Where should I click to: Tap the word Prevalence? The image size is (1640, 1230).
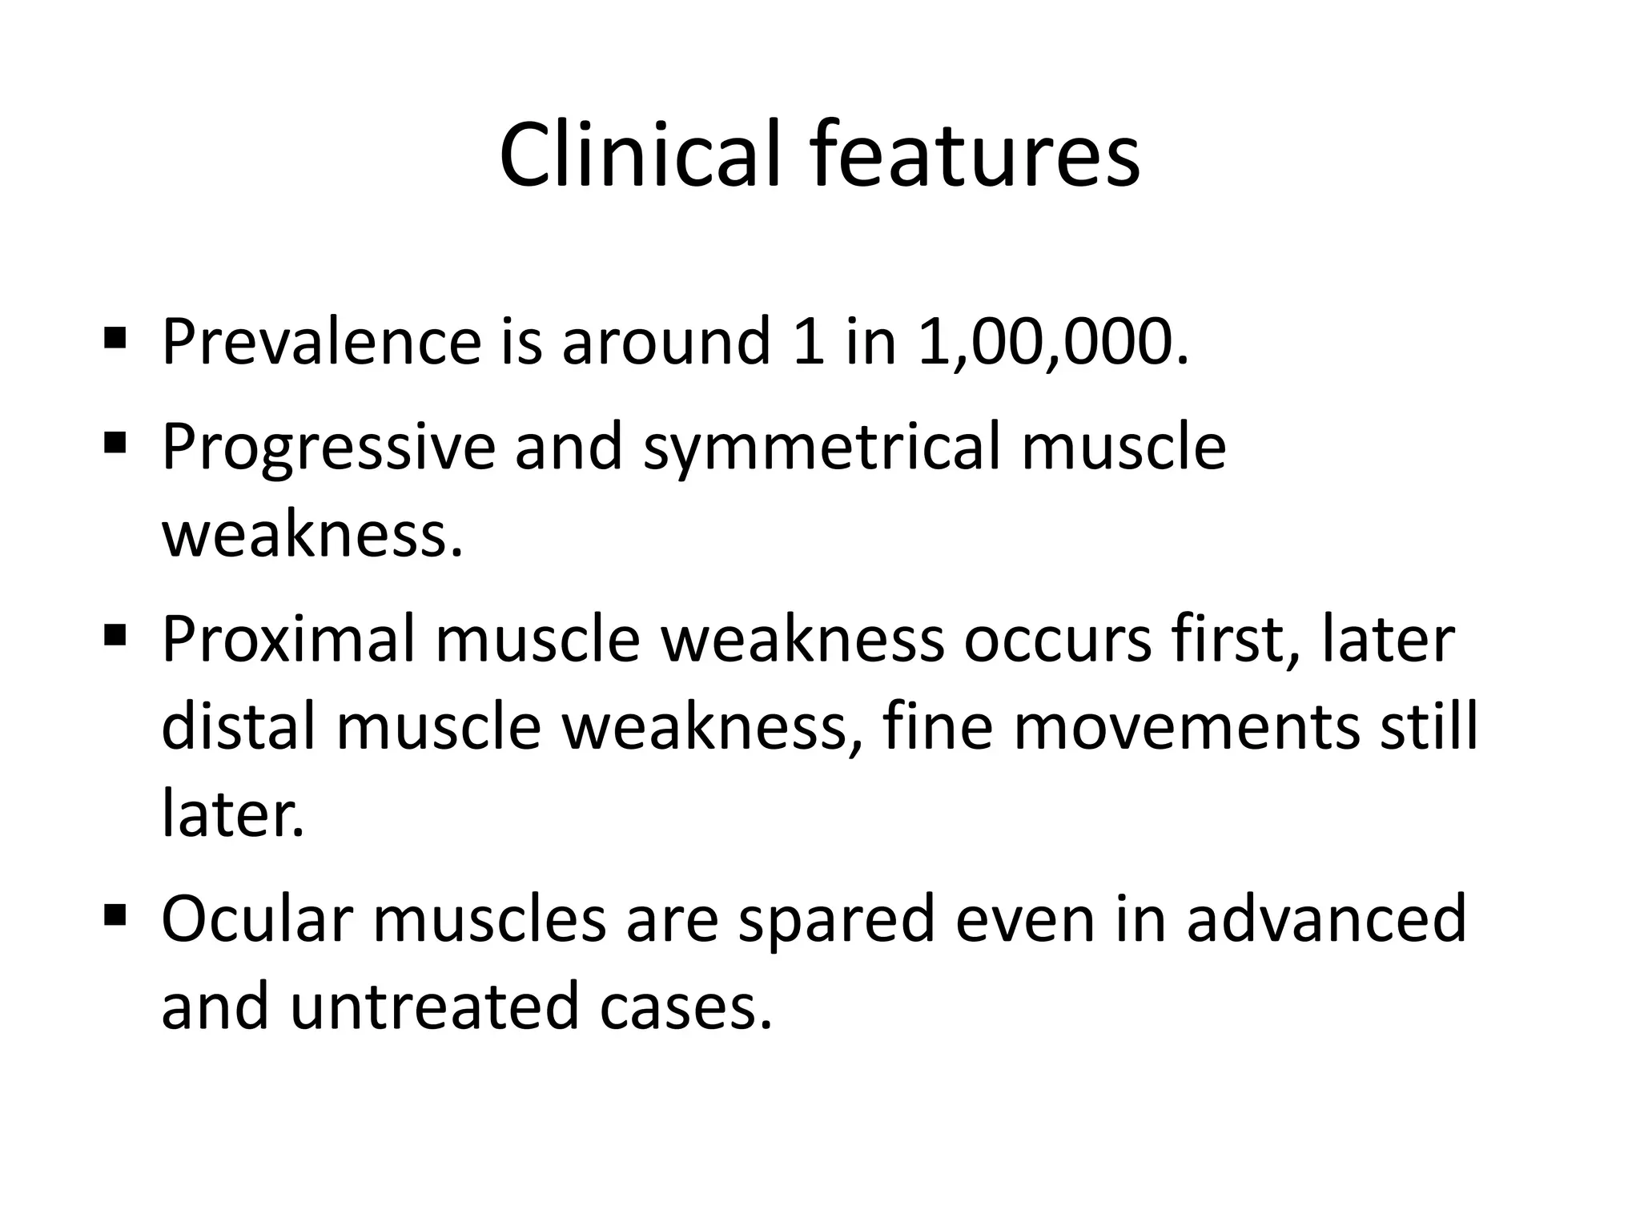[321, 342]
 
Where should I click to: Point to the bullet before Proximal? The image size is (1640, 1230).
[115, 634]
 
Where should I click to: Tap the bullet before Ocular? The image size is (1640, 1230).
[115, 913]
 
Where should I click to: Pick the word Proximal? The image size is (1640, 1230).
[288, 641]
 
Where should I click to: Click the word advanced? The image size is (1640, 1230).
[1326, 919]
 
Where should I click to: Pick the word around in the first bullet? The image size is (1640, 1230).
[665, 342]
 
